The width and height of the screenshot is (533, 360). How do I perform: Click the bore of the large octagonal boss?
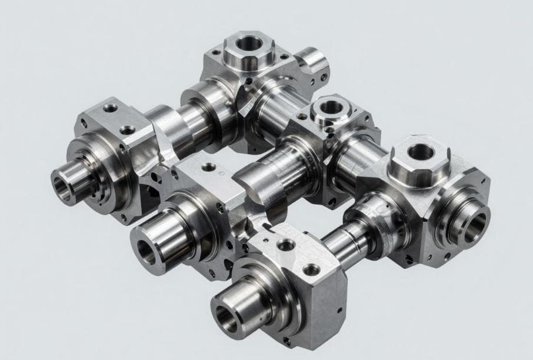click(x=421, y=152)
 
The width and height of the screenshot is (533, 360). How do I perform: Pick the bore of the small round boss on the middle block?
click(x=331, y=107)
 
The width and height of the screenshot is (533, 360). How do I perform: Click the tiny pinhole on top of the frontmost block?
click(x=266, y=241)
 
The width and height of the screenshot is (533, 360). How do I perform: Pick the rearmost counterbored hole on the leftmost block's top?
click(x=110, y=108)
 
